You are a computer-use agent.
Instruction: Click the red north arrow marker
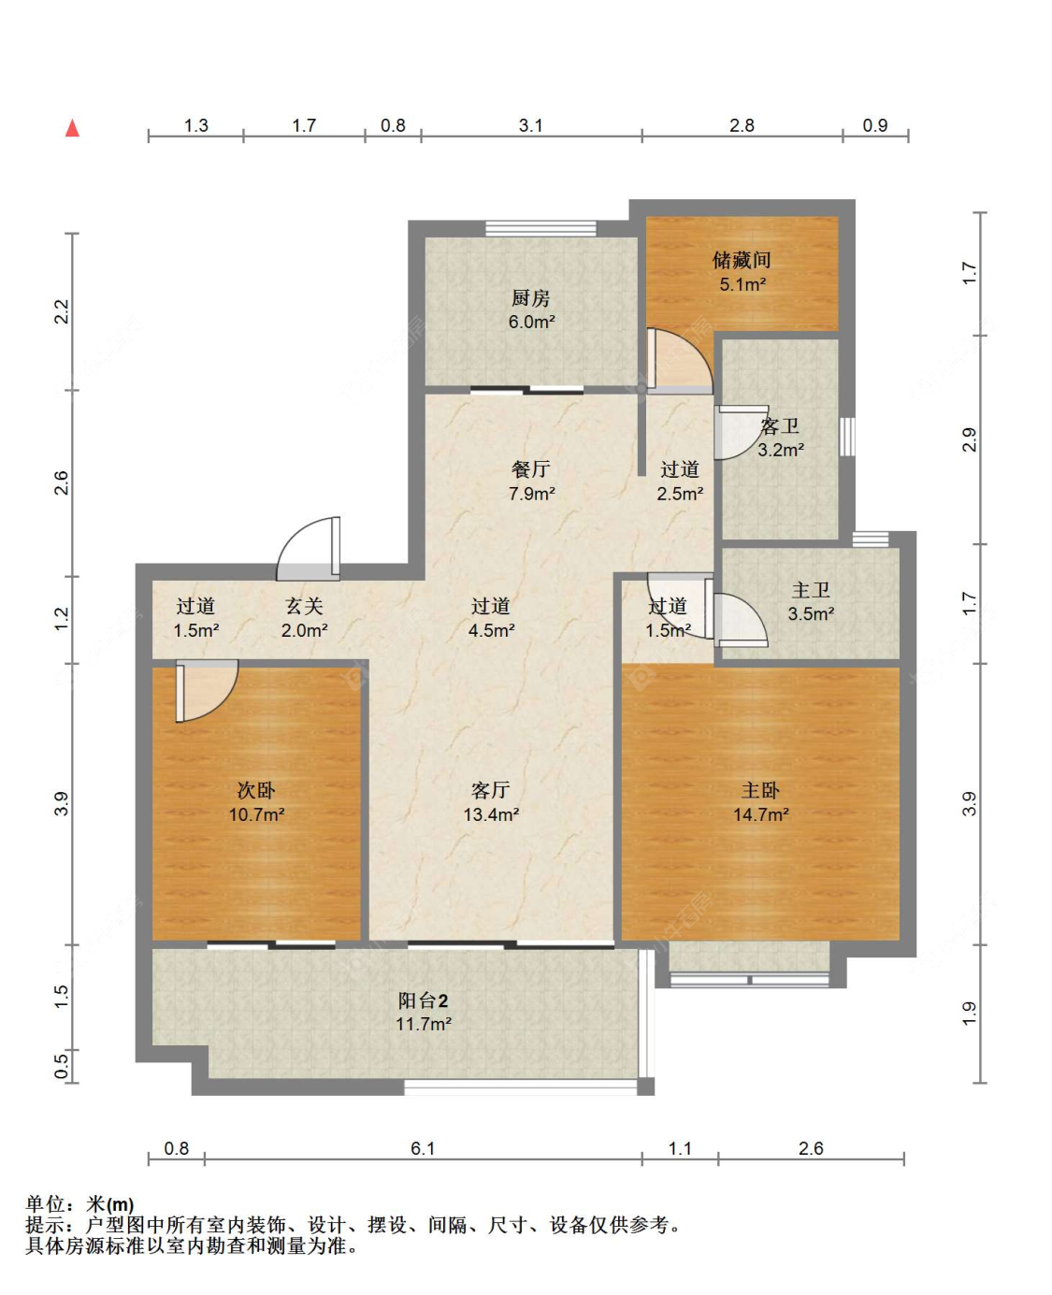pos(72,128)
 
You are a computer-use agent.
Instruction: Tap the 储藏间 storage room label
pos(742,260)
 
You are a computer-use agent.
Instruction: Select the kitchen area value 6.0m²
pos(531,322)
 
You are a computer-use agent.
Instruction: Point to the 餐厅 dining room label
pos(531,468)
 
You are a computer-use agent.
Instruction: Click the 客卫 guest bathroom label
pos(780,426)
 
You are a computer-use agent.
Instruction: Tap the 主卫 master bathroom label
pos(811,590)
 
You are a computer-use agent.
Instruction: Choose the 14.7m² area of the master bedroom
pos(761,814)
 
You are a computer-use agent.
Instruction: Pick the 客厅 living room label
pos(490,790)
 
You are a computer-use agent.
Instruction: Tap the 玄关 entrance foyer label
pos(304,606)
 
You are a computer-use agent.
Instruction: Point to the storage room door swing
pos(679,361)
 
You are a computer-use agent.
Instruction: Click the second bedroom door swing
pos(207,691)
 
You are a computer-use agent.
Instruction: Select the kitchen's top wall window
pos(540,228)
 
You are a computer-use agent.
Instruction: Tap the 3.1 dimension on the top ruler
pos(530,126)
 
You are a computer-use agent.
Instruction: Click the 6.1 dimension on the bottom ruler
pos(422,1148)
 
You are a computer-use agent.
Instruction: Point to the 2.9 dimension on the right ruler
pos(970,439)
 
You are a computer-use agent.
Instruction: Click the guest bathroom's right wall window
pos(847,436)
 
